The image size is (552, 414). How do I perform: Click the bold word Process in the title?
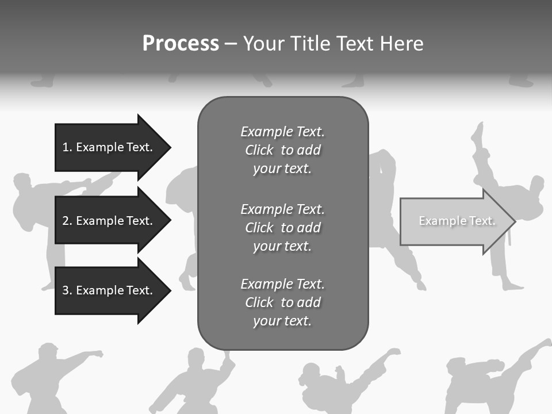(181, 44)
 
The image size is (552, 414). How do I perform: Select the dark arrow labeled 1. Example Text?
(109, 147)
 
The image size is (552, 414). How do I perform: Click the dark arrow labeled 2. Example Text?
(109, 221)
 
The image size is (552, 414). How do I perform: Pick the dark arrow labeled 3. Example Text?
(109, 290)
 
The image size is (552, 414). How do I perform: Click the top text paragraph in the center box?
(282, 150)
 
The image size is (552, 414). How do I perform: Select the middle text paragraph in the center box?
(282, 228)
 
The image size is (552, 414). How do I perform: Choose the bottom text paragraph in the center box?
(282, 302)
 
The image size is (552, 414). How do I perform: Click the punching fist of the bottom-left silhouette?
(98, 354)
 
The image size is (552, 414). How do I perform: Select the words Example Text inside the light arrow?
(457, 221)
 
